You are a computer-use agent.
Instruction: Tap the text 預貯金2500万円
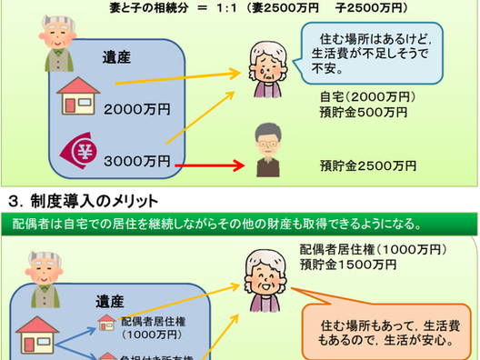[x=368, y=165]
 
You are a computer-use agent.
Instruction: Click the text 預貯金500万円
[x=359, y=114]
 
